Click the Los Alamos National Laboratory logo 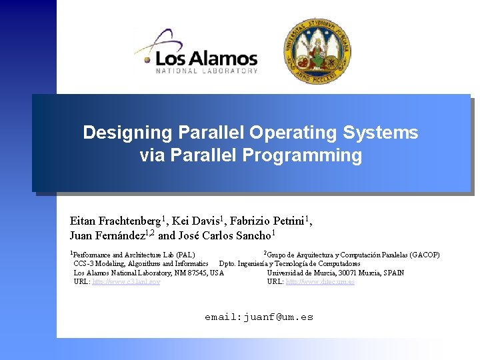pos(197,51)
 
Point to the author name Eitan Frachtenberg pos(115,221)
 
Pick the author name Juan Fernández pos(103,235)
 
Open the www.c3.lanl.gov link pos(126,282)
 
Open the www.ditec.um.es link pos(320,282)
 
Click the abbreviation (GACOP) pos(425,255)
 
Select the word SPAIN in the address pos(392,273)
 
